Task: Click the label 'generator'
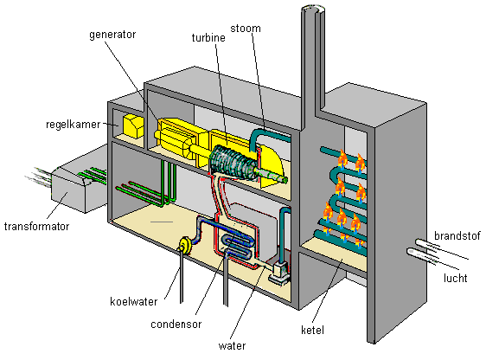[112, 35]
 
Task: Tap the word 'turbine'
[208, 38]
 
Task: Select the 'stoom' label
[246, 29]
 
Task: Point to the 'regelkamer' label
[74, 125]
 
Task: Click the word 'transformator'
[36, 227]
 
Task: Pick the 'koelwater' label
[133, 301]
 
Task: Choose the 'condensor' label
[176, 325]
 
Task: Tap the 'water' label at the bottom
[232, 346]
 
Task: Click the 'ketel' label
[312, 330]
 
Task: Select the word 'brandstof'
[457, 236]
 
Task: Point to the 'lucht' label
[456, 278]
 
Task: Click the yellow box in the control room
[133, 126]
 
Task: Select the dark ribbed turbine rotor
[233, 164]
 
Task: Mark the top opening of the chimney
[313, 10]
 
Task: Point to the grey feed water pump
[280, 272]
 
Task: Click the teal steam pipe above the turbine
[266, 136]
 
